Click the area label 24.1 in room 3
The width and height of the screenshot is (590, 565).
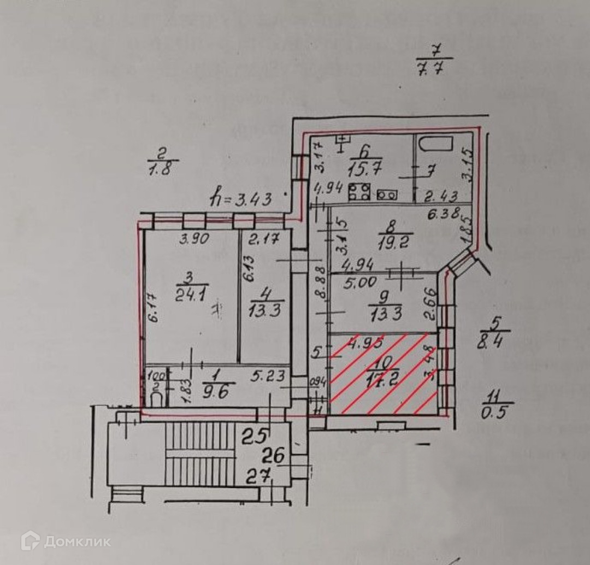tap(187, 296)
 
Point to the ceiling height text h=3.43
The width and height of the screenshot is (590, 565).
tap(241, 199)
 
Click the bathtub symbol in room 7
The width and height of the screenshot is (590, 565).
tap(435, 145)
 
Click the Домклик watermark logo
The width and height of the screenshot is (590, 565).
tap(66, 541)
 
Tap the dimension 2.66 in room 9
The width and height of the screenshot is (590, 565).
tap(429, 304)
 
